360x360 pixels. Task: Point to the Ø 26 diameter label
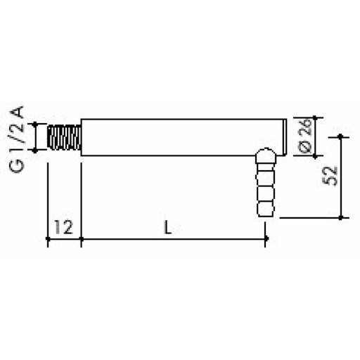[x=303, y=137]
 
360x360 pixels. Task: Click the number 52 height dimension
[x=334, y=176]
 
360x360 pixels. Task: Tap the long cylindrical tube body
[x=179, y=136]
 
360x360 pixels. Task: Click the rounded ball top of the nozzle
[x=264, y=155]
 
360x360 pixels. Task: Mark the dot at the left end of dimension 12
[x=47, y=240]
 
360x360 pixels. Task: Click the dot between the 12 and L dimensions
[x=82, y=240]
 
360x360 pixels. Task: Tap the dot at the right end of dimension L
[x=265, y=240]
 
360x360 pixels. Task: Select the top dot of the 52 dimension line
[x=341, y=136]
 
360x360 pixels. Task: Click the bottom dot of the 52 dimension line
[x=341, y=217]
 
